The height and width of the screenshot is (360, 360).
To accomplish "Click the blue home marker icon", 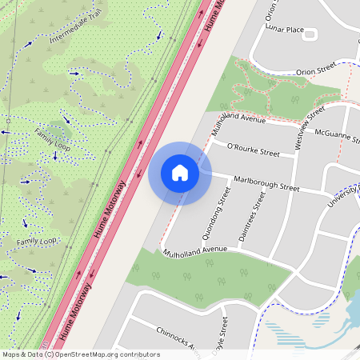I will (180, 173).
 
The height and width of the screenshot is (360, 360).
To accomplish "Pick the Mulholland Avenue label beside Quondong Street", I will (197, 250).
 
